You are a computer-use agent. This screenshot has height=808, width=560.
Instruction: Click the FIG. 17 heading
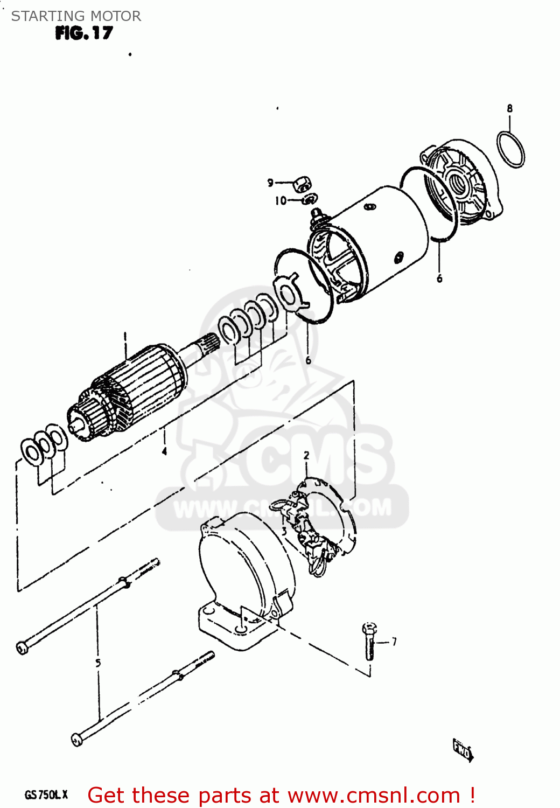pyautogui.click(x=84, y=33)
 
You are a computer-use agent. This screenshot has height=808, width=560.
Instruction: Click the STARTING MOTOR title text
pyautogui.click(x=76, y=16)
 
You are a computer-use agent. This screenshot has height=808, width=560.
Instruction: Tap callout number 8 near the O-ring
pyautogui.click(x=509, y=108)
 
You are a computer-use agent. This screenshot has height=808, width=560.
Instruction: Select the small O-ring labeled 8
pyautogui.click(x=510, y=149)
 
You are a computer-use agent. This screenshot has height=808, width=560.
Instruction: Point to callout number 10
pyautogui.click(x=281, y=201)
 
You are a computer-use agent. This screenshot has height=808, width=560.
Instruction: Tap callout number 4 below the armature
pyautogui.click(x=164, y=451)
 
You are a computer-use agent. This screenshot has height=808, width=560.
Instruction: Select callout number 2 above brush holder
pyautogui.click(x=306, y=456)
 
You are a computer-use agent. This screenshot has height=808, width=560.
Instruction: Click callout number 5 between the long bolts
pyautogui.click(x=98, y=663)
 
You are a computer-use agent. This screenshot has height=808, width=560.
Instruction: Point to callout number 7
pyautogui.click(x=394, y=642)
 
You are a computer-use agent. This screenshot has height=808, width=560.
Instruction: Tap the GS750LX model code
pyautogui.click(x=46, y=795)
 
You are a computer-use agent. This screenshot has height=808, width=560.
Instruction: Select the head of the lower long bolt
pyautogui.click(x=77, y=739)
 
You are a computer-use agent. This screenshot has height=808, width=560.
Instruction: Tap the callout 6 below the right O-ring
pyautogui.click(x=439, y=278)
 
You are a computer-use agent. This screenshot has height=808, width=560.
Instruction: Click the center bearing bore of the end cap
pyautogui.click(x=459, y=184)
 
